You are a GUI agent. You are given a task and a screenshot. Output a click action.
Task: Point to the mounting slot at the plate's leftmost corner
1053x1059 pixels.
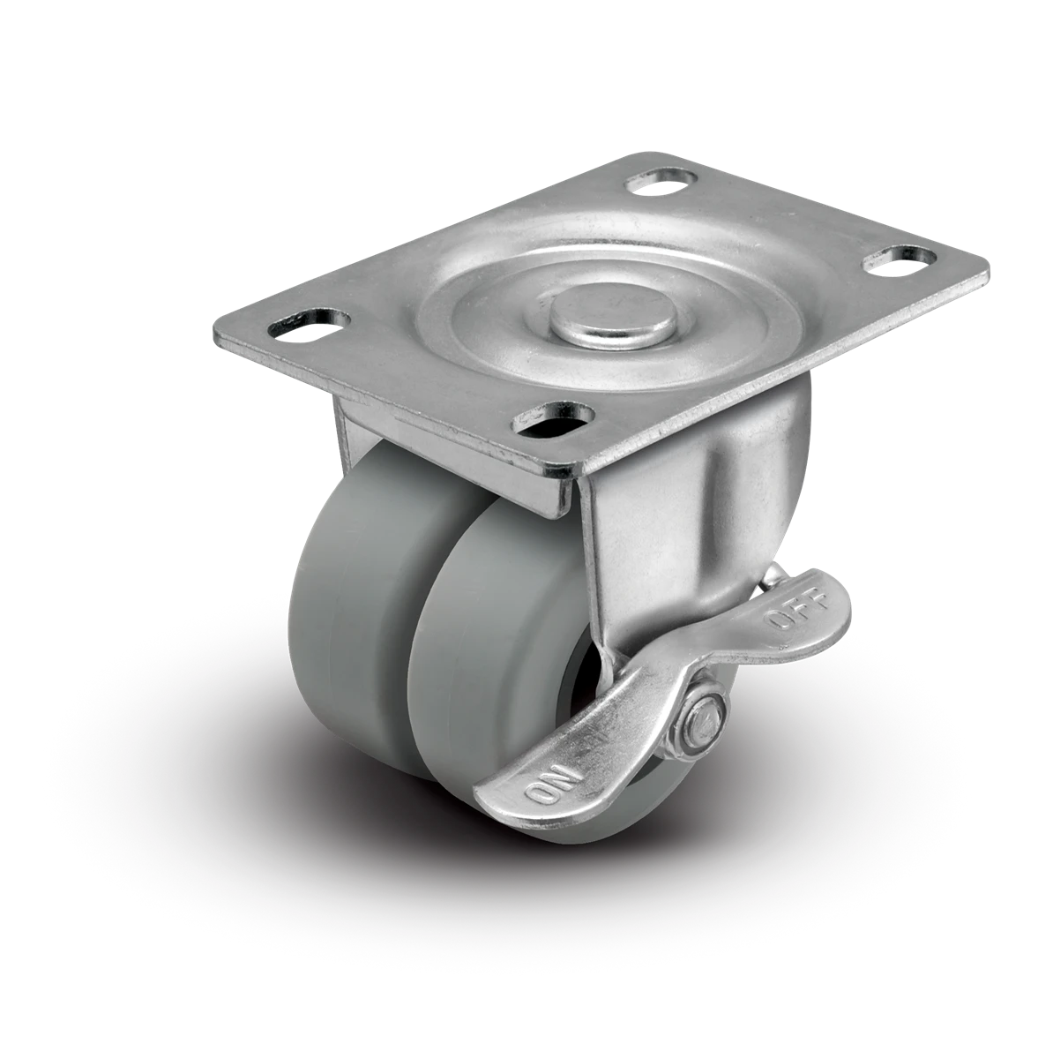point(310,323)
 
